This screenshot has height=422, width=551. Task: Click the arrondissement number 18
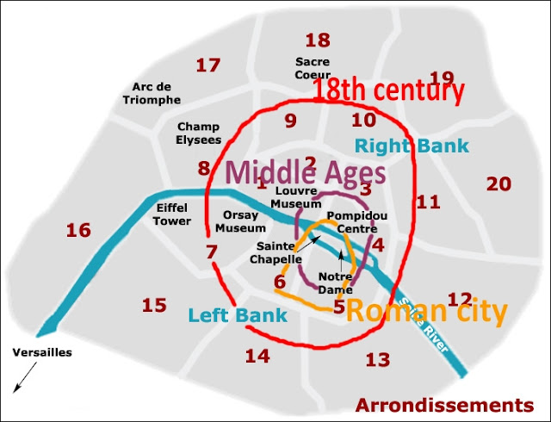click(318, 40)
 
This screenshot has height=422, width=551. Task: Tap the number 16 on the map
click(78, 230)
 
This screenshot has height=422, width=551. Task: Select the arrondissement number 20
click(499, 183)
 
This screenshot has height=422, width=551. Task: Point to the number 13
click(378, 360)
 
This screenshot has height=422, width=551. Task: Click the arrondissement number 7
click(212, 252)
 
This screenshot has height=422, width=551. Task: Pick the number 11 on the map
click(428, 202)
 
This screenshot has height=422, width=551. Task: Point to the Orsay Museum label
click(241, 221)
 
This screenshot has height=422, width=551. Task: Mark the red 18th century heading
click(387, 90)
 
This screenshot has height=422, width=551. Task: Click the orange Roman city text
click(425, 312)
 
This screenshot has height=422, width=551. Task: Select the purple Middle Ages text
click(306, 171)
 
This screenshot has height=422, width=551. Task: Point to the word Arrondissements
click(444, 405)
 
